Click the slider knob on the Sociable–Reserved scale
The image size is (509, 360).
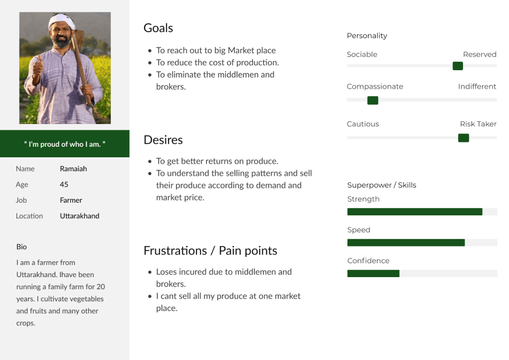click(458, 66)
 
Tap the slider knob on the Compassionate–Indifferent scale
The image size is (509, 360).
click(373, 100)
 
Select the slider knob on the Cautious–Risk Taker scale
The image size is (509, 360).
click(464, 138)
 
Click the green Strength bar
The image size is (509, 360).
click(415, 212)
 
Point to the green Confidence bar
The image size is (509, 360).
click(373, 273)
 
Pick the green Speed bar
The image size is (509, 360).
click(406, 242)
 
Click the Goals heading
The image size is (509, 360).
click(158, 29)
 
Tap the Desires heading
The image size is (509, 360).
click(163, 140)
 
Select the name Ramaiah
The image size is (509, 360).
click(73, 169)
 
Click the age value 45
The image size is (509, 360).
click(64, 184)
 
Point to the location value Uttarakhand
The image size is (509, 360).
click(80, 216)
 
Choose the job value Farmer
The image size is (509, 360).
click(71, 200)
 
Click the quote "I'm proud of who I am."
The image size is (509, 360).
click(64, 144)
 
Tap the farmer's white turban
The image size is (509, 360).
click(61, 21)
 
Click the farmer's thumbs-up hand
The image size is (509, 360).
click(38, 67)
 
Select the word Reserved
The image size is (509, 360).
click(479, 54)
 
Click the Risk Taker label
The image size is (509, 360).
click(478, 124)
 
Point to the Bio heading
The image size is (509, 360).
click(22, 247)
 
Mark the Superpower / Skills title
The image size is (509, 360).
click(382, 185)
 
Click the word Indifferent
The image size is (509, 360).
click(477, 87)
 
